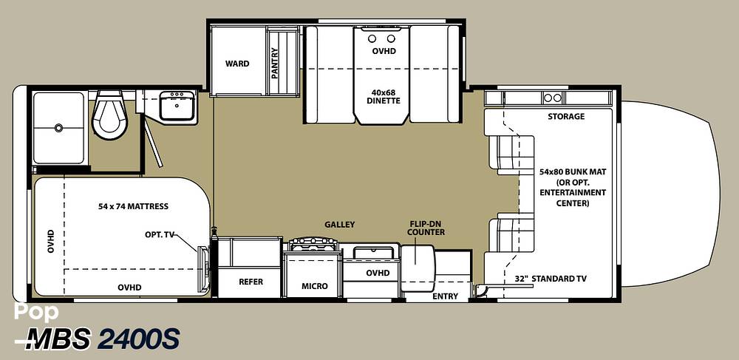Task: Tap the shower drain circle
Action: click(x=58, y=127)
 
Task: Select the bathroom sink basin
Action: click(x=177, y=106)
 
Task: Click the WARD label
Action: click(x=237, y=64)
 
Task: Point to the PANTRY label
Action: click(x=275, y=63)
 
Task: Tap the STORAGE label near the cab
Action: click(x=566, y=116)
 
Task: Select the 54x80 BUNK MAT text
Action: click(x=573, y=172)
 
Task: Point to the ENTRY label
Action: click(x=445, y=296)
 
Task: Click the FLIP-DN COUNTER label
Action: click(x=426, y=228)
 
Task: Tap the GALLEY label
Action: click(x=339, y=225)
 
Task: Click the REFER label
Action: click(x=251, y=282)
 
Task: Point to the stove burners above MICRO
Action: click(x=313, y=244)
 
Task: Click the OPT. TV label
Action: click(x=160, y=234)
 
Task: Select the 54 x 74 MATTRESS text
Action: click(x=133, y=206)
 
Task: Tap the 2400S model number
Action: click(x=139, y=339)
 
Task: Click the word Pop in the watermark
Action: click(x=36, y=313)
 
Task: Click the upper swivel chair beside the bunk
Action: click(x=511, y=152)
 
